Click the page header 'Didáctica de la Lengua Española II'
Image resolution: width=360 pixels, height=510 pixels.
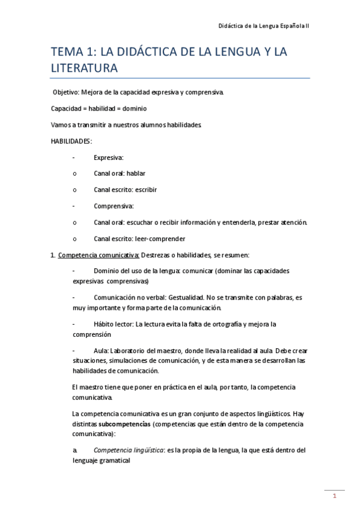click(263, 27)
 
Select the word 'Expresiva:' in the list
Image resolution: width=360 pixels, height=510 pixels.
click(108, 157)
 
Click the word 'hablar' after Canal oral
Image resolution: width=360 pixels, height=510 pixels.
click(136, 173)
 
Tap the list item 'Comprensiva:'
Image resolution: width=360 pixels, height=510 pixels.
click(113, 206)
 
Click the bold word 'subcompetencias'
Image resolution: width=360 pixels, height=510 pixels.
click(124, 424)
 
